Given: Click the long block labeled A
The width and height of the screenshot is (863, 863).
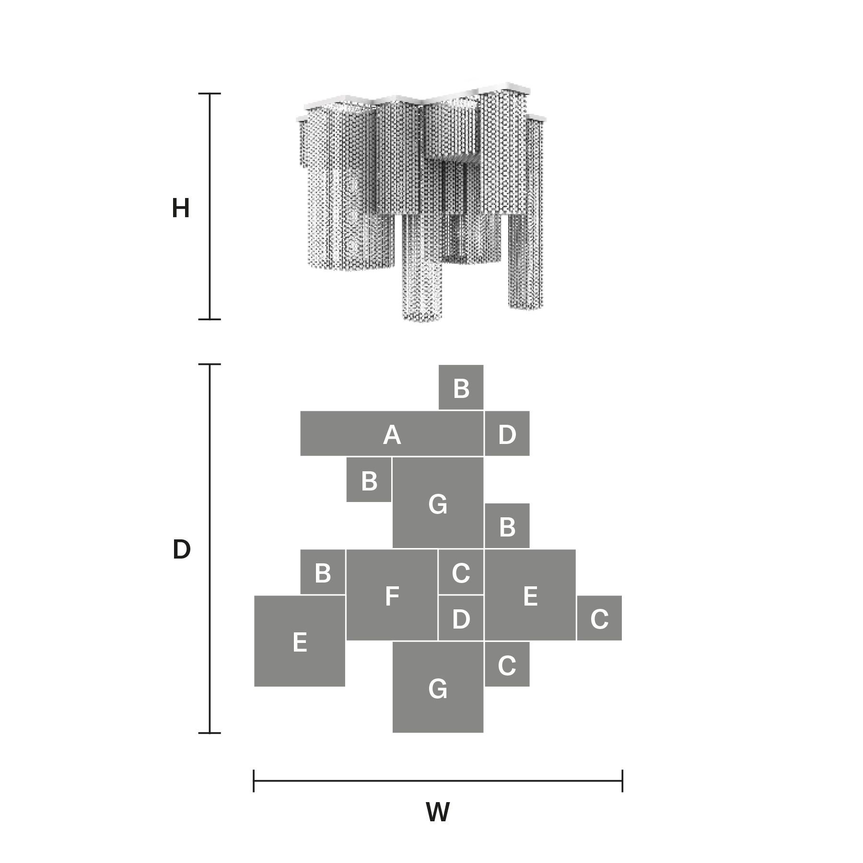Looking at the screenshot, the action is [x=392, y=433].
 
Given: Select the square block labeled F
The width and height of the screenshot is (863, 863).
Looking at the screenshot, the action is [x=392, y=595].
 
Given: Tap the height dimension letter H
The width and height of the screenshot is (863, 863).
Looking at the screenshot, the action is [x=181, y=209].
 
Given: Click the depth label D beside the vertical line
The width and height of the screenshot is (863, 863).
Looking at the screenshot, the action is [x=181, y=549].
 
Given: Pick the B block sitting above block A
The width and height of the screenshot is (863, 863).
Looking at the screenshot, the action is [x=461, y=387].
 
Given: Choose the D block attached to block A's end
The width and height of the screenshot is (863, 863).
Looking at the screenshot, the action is [x=507, y=433].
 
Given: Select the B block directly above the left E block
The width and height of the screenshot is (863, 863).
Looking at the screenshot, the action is [x=323, y=572].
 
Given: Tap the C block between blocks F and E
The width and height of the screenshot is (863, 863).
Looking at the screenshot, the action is [x=461, y=572].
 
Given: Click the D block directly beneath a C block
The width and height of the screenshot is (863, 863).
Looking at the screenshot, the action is [x=461, y=618].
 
